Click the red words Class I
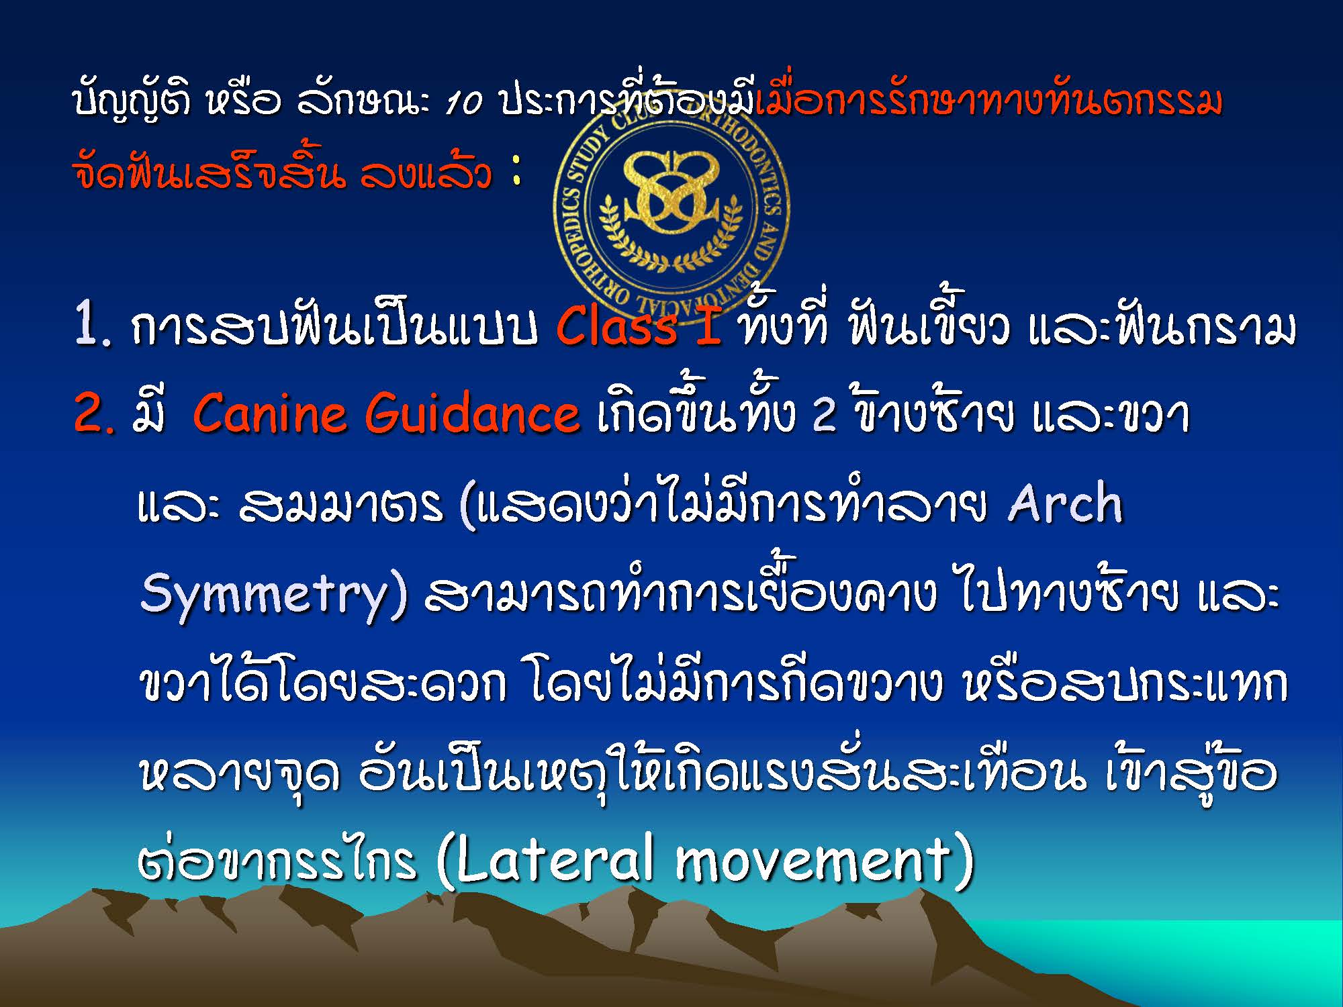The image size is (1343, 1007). [x=639, y=326]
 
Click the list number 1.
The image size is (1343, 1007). [x=92, y=326]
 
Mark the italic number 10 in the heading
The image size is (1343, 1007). [x=464, y=104]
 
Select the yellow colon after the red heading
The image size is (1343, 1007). [x=516, y=172]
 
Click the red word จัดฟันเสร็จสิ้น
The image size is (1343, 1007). [x=209, y=171]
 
